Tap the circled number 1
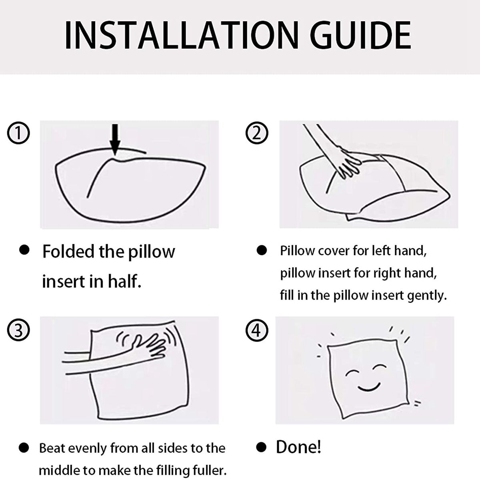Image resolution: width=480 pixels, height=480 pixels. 18,133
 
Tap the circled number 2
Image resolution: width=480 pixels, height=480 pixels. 257,133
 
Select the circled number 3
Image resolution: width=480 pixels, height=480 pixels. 18,330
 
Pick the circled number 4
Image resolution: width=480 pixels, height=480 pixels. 257,330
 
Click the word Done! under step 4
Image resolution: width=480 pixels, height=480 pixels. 298,447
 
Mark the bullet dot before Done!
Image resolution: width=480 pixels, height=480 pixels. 262,448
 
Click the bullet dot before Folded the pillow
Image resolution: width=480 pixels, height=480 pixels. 24,250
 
